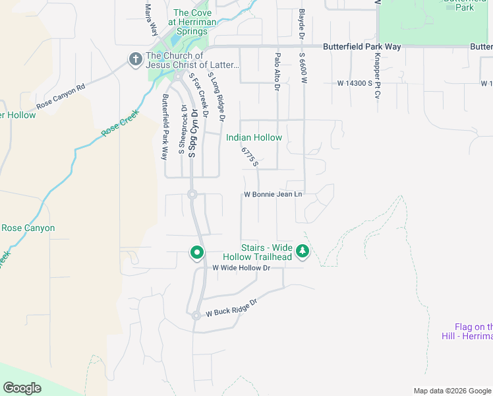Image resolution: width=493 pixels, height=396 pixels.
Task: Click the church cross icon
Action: pyautogui.click(x=136, y=60)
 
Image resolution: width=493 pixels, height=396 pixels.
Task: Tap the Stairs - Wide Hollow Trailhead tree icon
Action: pyautogui.click(x=303, y=251)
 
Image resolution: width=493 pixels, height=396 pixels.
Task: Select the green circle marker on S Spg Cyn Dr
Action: pyautogui.click(x=196, y=252)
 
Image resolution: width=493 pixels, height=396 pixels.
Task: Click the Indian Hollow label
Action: pyautogui.click(x=254, y=137)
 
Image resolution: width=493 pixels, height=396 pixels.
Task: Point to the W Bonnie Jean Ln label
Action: pyautogui.click(x=273, y=194)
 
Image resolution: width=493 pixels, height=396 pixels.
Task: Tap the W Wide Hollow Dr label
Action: pyautogui.click(x=241, y=267)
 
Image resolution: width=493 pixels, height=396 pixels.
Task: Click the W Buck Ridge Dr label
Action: pyautogui.click(x=230, y=310)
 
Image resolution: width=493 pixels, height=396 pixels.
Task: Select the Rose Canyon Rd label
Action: pyautogui.click(x=61, y=97)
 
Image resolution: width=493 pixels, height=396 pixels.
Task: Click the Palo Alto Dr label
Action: pyautogui.click(x=277, y=71)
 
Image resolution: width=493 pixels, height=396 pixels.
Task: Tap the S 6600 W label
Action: pyautogui.click(x=304, y=69)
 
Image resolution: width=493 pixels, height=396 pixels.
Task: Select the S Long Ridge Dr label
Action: pyautogui.click(x=217, y=98)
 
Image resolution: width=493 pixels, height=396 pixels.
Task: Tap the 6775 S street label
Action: pyautogui.click(x=249, y=157)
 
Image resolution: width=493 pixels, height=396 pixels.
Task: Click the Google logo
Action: pyautogui.click(x=22, y=388)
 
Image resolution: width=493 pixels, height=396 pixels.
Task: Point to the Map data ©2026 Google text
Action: pyautogui.click(x=451, y=391)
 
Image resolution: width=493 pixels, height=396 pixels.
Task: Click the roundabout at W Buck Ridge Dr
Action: pyautogui.click(x=196, y=315)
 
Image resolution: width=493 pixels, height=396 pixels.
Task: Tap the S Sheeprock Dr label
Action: pyautogui.click(x=183, y=130)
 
